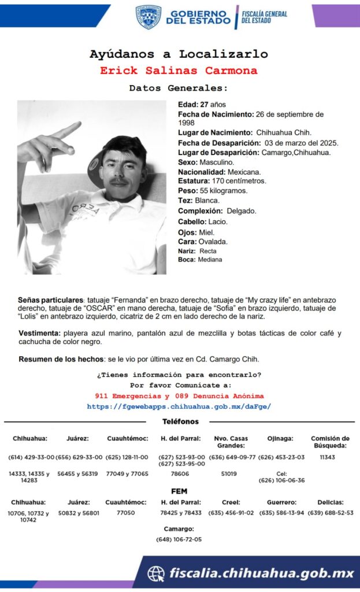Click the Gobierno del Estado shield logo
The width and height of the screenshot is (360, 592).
point(149,17)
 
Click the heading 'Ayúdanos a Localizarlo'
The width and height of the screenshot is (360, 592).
point(179,54)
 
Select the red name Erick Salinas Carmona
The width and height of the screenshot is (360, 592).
point(179,71)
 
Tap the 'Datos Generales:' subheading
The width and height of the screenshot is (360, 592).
point(179,88)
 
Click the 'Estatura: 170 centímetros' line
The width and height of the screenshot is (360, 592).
point(221,181)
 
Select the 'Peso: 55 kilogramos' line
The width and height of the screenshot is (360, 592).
point(212,191)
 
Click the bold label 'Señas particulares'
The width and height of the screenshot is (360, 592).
point(51,301)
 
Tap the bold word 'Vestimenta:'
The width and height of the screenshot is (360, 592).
point(39,334)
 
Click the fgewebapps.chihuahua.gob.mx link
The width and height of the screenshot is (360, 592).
point(179,406)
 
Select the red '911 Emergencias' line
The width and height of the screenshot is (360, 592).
point(179,396)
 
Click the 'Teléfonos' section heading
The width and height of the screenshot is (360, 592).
point(180,422)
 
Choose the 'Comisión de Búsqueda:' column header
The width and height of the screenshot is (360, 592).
point(330,442)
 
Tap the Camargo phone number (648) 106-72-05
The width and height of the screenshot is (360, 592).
point(179,539)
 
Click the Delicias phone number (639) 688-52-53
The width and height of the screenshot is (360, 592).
point(330,513)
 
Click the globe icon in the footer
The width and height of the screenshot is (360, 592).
point(155,573)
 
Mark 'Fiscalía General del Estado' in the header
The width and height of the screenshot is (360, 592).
point(265,17)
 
